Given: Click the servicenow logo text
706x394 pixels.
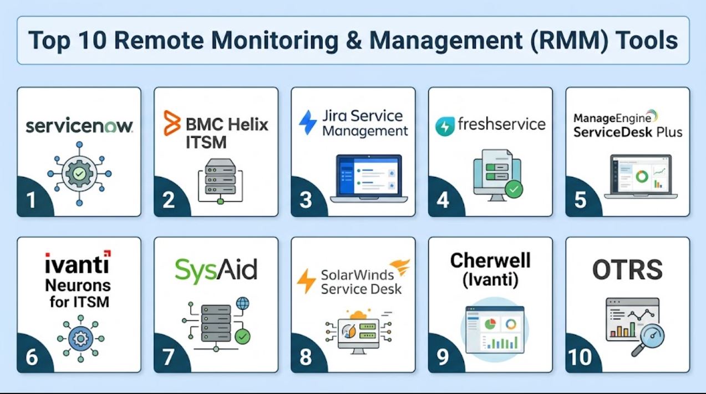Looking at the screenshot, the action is [79, 126].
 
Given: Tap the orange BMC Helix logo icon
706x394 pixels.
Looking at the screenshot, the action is [172, 123].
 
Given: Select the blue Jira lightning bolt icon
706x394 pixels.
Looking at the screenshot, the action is [308, 122].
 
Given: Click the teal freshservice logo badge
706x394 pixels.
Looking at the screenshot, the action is [445, 126].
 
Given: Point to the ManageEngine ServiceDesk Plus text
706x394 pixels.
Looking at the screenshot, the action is [628, 125].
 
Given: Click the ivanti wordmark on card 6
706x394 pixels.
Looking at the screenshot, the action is [78, 262].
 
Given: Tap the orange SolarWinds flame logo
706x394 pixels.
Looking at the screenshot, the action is [400, 267].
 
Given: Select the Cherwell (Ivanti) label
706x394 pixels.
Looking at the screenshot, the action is [490, 270].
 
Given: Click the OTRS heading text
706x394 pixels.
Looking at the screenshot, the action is [627, 270].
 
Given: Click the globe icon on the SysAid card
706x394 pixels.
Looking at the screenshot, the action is [242, 304].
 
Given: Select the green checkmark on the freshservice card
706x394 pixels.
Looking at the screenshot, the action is [514, 190].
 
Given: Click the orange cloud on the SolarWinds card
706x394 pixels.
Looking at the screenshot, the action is [358, 315].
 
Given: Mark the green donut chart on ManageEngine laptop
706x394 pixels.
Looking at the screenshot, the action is [642, 176].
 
